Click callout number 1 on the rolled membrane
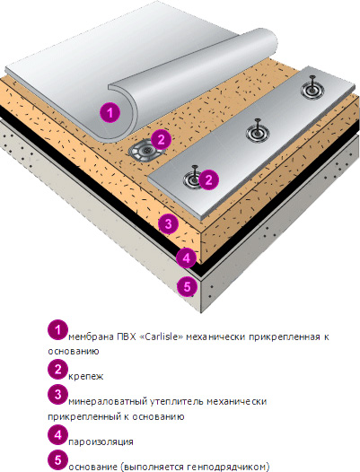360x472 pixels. pos(110,112)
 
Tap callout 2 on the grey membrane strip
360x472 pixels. pos(208,179)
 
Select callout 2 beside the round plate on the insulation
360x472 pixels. pos(162,140)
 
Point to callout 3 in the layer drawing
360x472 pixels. pos(168,223)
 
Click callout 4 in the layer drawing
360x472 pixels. pos(186,258)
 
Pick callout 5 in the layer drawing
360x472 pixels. pos(187,286)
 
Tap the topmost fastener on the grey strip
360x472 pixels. pos(312,89)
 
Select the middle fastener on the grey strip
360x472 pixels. pos(258,131)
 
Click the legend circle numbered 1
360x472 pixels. pos(57,330)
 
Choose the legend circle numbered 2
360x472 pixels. pos(57,370)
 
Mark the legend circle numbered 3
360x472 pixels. pos(57,394)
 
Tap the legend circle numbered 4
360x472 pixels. pos(57,435)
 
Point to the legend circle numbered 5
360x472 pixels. pos(57,460)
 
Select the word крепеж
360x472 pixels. pos(86,377)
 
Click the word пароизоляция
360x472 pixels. pos(101,441)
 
